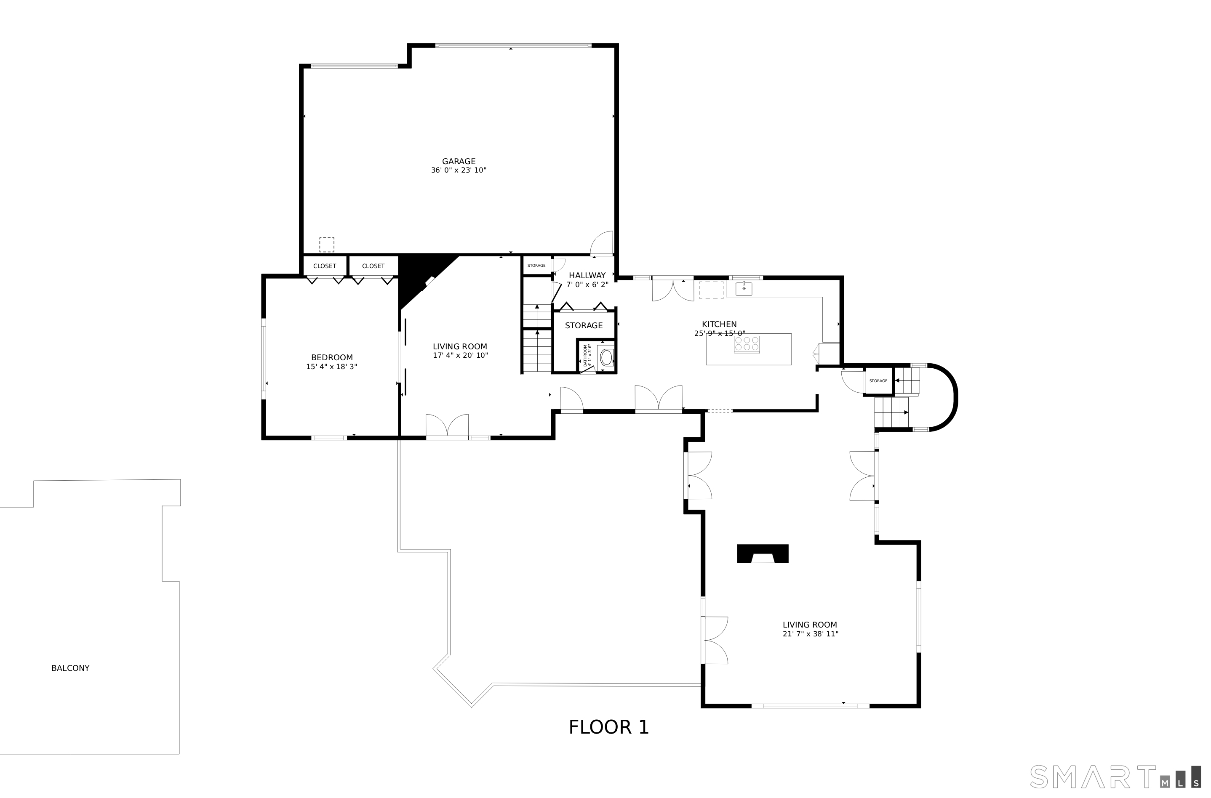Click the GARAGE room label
pos(459,161)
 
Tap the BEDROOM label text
pos(332,358)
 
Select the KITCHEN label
pos(719,324)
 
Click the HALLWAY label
pos(587,275)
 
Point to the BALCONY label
pos(70,668)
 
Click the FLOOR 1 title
pos(609,727)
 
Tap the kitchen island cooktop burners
pos(747,345)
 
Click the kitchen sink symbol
pos(744,289)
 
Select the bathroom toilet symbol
pos(606,357)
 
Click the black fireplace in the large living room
pos(763,554)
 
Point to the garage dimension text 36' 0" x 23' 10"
pos(459,170)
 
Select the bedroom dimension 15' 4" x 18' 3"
pos(332,367)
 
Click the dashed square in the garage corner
pos(327,245)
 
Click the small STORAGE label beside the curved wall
pos(878,380)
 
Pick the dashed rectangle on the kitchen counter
pos(711,290)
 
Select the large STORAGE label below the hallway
pos(584,326)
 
